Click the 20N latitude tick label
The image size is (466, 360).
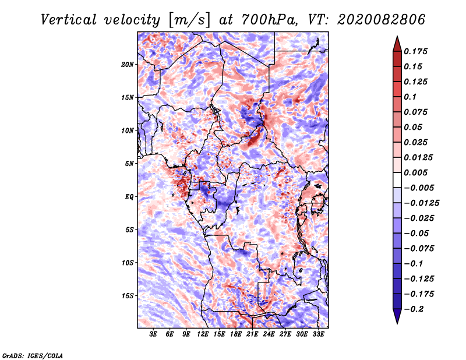point(128,64)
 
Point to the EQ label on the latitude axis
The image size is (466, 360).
point(129,197)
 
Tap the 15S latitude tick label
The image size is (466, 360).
point(128,296)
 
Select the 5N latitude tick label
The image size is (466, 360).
point(129,164)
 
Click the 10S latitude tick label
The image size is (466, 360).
point(128,263)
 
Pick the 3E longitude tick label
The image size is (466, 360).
point(154,334)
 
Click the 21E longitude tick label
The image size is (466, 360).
point(252,334)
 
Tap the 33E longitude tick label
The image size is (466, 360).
point(318,334)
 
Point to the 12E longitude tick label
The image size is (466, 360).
point(203,334)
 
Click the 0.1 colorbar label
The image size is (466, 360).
point(411,97)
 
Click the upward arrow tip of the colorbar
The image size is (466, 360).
point(397,38)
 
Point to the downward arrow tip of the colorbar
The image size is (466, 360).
point(397,322)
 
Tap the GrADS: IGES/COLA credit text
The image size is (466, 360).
point(33,354)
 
